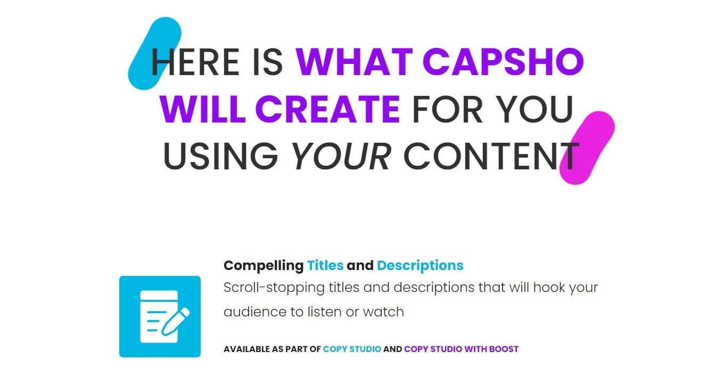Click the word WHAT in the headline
click(355, 62)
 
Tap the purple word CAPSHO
click(503, 62)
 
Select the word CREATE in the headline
click(327, 109)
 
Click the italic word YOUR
click(341, 156)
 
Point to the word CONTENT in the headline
click(491, 156)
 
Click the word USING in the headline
click(220, 156)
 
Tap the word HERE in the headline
click(195, 62)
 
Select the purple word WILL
click(203, 109)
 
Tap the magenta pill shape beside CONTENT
click(587, 148)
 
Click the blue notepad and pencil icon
click(160, 317)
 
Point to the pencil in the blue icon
click(175, 322)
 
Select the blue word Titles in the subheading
click(325, 266)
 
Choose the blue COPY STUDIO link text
click(352, 349)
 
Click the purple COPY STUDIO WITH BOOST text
click(461, 349)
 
